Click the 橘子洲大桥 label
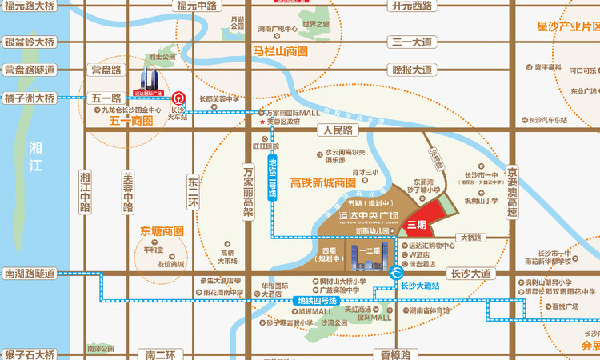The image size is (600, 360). pyautogui.click(x=30, y=98)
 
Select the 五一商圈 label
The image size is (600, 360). pyautogui.click(x=131, y=121)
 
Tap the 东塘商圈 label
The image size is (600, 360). pyautogui.click(x=162, y=231)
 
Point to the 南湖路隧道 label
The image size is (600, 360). pyautogui.click(x=30, y=274)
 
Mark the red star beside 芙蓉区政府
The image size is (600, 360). pyautogui.click(x=261, y=122)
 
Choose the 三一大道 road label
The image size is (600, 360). pyautogui.click(x=410, y=42)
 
